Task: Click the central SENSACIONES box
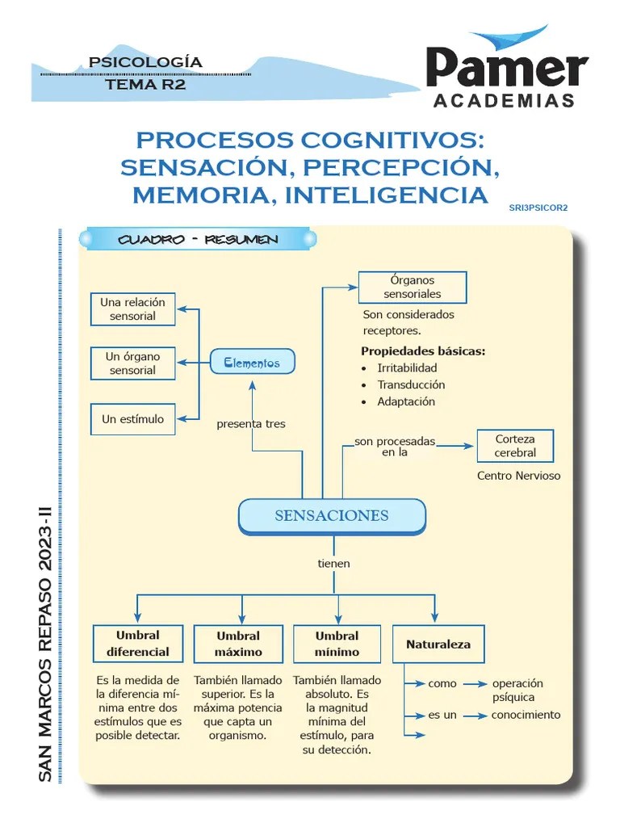[331, 516]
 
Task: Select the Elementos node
[252, 363]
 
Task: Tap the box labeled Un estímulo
[132, 419]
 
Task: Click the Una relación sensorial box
[132, 309]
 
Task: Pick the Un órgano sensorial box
[132, 363]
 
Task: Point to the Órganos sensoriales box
[412, 287]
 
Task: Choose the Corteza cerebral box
[515, 446]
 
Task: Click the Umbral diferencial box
[137, 644]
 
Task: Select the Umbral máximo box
[238, 644]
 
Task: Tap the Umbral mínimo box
[337, 644]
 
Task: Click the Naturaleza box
[438, 644]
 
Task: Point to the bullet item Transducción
[411, 384]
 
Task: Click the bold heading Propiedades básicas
[423, 351]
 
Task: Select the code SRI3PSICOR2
[538, 208]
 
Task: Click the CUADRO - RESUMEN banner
[198, 240]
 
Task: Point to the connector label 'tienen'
[333, 563]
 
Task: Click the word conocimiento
[526, 715]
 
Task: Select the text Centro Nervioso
[518, 476]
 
